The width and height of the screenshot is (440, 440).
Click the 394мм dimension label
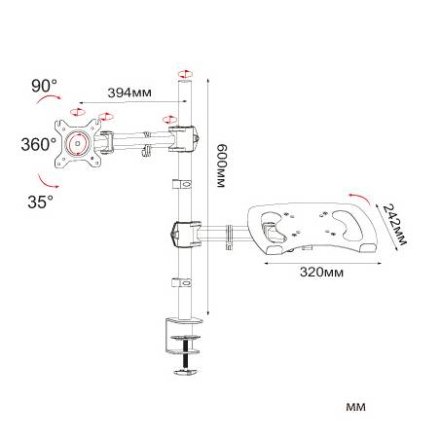point(129,92)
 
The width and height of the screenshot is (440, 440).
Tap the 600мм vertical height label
point(222,165)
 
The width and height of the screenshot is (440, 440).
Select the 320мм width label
point(321,272)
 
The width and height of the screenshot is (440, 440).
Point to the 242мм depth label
point(394,224)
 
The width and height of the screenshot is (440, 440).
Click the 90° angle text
point(44,86)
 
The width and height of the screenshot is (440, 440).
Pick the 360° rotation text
point(38,144)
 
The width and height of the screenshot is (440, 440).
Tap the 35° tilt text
point(40,202)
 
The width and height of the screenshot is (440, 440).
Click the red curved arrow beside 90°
point(49,98)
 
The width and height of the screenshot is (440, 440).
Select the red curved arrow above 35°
point(48,182)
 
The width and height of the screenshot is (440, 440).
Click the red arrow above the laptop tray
point(359,198)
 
